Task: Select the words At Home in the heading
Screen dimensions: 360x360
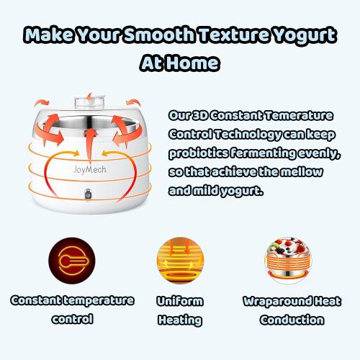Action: tap(179, 63)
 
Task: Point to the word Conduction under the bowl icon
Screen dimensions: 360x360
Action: tap(291, 318)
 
